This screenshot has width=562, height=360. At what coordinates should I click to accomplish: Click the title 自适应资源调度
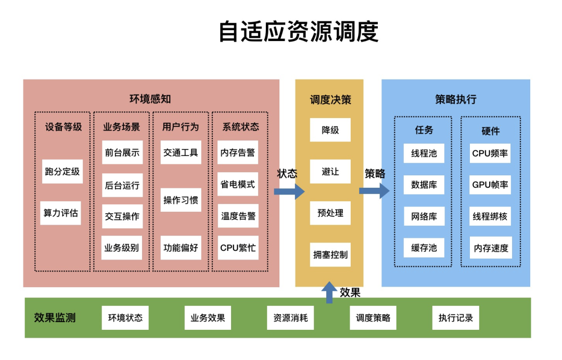pyautogui.click(x=298, y=32)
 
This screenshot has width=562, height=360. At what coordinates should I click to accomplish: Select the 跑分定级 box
pyautogui.click(x=62, y=171)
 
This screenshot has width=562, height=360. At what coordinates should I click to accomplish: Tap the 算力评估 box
pyautogui.click(x=61, y=213)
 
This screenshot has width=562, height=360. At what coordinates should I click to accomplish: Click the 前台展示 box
pyautogui.click(x=122, y=152)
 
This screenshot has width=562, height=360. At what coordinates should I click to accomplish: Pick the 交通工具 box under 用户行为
pyautogui.click(x=181, y=152)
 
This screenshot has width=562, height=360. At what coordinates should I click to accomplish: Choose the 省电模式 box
pyautogui.click(x=238, y=184)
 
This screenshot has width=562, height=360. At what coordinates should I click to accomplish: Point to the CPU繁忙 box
pyautogui.click(x=238, y=248)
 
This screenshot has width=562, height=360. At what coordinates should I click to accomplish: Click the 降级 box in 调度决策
pyautogui.click(x=330, y=130)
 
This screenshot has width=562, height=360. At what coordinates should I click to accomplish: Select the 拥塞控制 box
pyautogui.click(x=330, y=255)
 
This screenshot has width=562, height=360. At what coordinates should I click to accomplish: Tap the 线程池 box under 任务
pyautogui.click(x=424, y=153)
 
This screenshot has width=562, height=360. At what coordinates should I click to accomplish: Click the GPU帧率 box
pyautogui.click(x=490, y=185)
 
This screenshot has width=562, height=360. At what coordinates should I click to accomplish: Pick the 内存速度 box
pyautogui.click(x=490, y=248)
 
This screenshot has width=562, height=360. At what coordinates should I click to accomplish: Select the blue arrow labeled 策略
pyautogui.click(x=374, y=191)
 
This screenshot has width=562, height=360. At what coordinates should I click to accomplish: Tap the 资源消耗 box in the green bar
pyautogui.click(x=290, y=318)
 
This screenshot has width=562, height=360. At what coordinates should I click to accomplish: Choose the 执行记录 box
pyautogui.click(x=456, y=318)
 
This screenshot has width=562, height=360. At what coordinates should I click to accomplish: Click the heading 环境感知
pyautogui.click(x=150, y=99)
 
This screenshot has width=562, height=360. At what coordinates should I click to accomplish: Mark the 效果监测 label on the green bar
pyautogui.click(x=55, y=317)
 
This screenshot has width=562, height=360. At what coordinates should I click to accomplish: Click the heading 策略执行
pyautogui.click(x=455, y=99)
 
